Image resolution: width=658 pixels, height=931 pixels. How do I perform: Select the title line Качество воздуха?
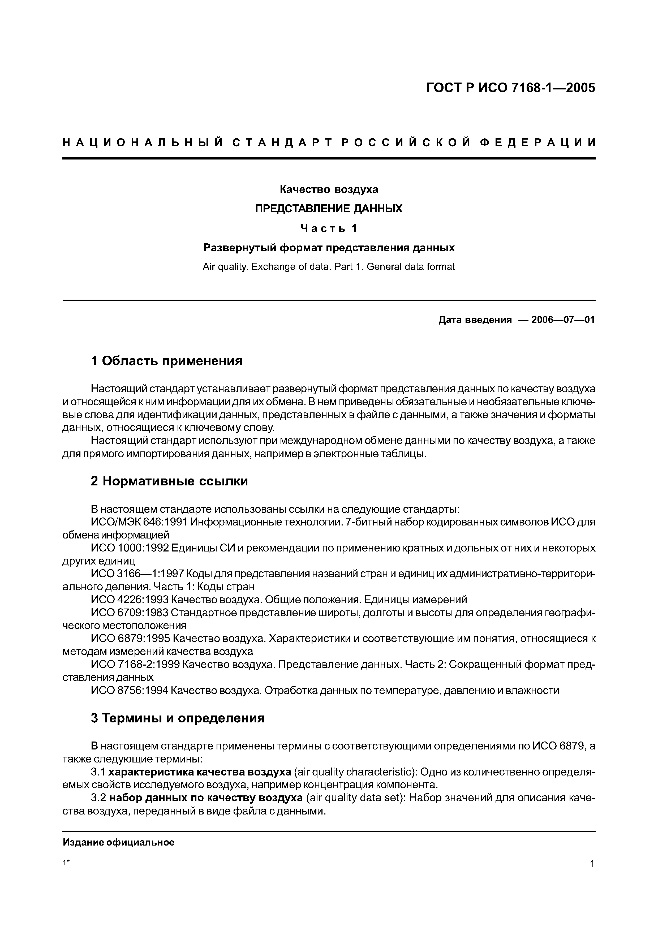point(329,189)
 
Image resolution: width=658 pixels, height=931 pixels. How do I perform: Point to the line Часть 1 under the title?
point(329,228)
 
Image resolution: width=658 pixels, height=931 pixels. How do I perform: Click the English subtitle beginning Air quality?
point(329,267)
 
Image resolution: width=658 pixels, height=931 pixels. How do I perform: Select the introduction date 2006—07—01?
point(563,320)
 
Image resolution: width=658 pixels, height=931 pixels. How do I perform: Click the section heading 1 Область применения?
point(167,360)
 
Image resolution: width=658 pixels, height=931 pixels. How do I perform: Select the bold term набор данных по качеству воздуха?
point(206,798)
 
